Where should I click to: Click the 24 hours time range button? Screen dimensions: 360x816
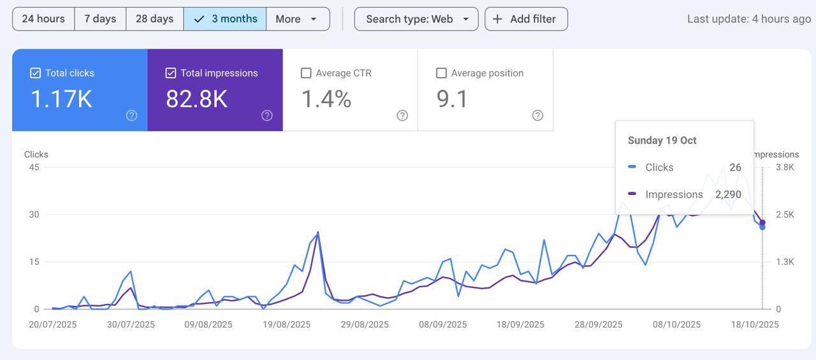(x=43, y=19)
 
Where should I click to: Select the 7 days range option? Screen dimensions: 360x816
(x=100, y=19)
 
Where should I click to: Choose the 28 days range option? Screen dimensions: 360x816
(x=154, y=19)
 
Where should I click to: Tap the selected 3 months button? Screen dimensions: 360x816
(x=225, y=19)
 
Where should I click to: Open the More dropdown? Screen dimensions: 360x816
(x=297, y=19)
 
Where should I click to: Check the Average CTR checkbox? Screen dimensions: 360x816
(x=306, y=73)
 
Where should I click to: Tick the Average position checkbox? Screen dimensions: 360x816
(x=441, y=73)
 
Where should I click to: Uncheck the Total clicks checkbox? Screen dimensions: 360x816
(x=36, y=73)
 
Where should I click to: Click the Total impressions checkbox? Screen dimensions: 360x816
(x=171, y=73)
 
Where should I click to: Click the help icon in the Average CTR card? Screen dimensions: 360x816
(x=402, y=115)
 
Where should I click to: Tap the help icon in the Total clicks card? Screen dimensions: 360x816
(x=131, y=115)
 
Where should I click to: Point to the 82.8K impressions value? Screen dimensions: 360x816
(x=196, y=99)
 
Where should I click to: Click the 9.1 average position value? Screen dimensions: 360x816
(x=453, y=99)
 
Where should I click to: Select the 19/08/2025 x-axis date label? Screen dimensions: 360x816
(x=287, y=324)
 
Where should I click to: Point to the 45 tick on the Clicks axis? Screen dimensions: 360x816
(x=33, y=168)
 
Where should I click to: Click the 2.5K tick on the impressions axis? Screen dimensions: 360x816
(x=785, y=215)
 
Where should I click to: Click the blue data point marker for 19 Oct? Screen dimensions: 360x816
(x=762, y=227)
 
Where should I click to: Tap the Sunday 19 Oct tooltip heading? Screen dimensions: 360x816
(x=662, y=140)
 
